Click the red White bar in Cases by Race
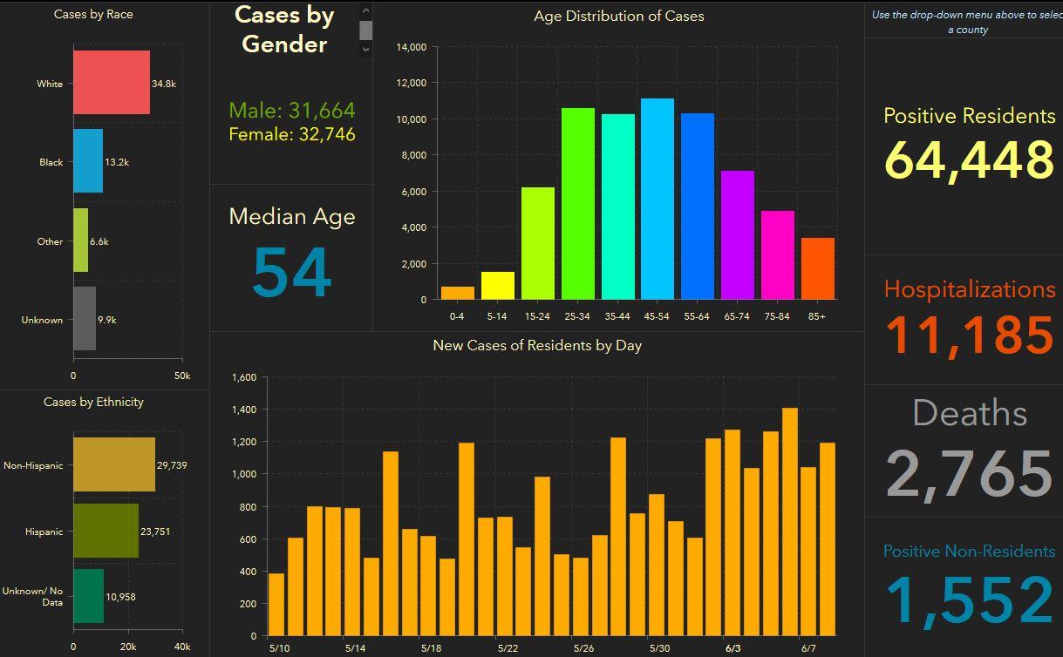tap(111, 83)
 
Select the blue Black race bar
tap(87, 161)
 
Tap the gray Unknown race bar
tap(85, 319)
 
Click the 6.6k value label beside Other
tap(99, 241)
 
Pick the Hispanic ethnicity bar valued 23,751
tap(106, 531)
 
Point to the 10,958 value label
tap(120, 597)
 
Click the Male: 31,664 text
tap(292, 111)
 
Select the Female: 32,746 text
tap(292, 134)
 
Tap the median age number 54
tap(291, 273)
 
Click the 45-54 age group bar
tap(658, 200)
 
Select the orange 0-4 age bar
tap(458, 293)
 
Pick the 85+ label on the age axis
tap(817, 316)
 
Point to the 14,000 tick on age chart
tap(411, 47)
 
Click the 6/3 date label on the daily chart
tap(733, 648)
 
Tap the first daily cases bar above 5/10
tap(276, 604)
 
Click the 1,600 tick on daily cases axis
tap(244, 377)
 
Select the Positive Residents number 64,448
tap(969, 159)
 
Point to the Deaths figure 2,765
tap(969, 473)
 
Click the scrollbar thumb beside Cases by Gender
tap(366, 30)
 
